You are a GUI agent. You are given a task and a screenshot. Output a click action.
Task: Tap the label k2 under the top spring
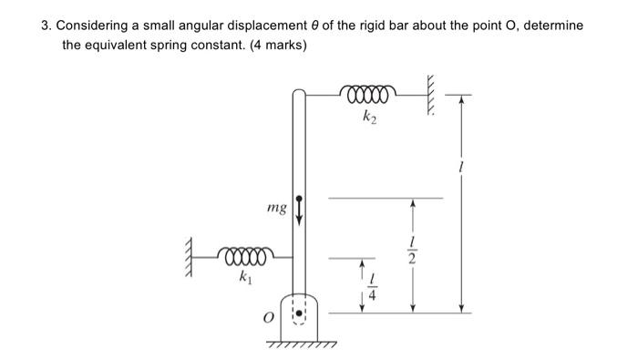tap(368, 116)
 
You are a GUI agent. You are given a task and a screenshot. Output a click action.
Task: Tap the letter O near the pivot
tap(268, 317)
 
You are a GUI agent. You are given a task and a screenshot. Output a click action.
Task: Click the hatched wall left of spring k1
tap(193, 250)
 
